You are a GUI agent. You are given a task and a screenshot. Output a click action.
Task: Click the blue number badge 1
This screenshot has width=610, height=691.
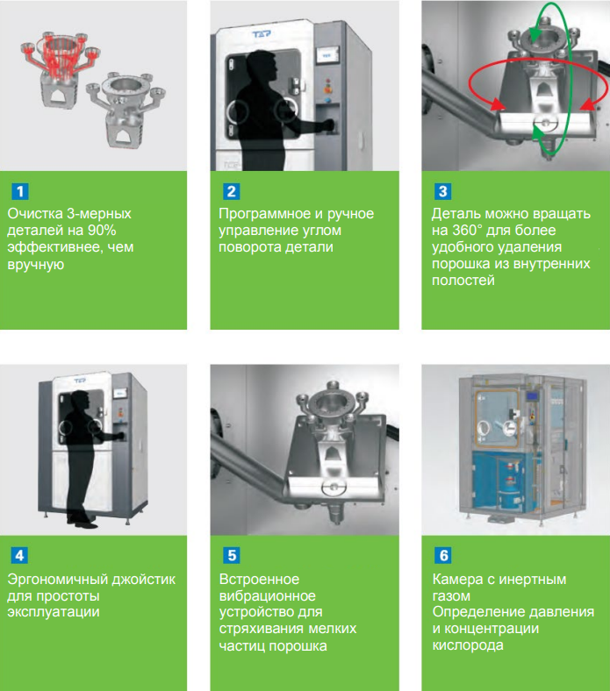pyautogui.click(x=20, y=192)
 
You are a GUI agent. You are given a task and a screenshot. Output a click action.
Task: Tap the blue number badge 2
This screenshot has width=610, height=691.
pyautogui.click(x=231, y=192)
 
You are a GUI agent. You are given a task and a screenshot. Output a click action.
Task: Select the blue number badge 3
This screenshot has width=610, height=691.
pyautogui.click(x=443, y=192)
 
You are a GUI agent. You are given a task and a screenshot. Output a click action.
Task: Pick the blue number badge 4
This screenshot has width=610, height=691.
pyautogui.click(x=20, y=555)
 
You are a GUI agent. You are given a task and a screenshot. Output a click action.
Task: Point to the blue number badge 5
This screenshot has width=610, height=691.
pyautogui.click(x=232, y=555)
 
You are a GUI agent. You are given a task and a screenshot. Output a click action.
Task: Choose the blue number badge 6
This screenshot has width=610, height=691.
pyautogui.click(x=443, y=555)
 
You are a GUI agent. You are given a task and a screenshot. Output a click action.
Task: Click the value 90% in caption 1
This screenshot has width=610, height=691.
pyautogui.click(x=102, y=230)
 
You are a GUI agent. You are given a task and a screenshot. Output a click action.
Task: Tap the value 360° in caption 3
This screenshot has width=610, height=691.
pyautogui.click(x=468, y=230)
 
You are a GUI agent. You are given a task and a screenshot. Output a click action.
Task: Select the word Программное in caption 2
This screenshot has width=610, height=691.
pyautogui.click(x=265, y=214)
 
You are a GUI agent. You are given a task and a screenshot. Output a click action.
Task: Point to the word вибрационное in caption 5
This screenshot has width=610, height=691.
pyautogui.click(x=268, y=595)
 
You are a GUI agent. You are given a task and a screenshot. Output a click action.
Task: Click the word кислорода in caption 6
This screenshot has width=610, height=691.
pyautogui.click(x=468, y=645)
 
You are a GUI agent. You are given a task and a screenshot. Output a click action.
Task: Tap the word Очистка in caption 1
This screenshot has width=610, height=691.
pyautogui.click(x=35, y=214)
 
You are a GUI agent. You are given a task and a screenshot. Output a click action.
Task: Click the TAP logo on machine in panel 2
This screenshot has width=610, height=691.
pyautogui.click(x=262, y=34)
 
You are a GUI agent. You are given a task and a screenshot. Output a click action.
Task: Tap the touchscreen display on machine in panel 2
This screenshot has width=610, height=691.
pyautogui.click(x=327, y=56)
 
